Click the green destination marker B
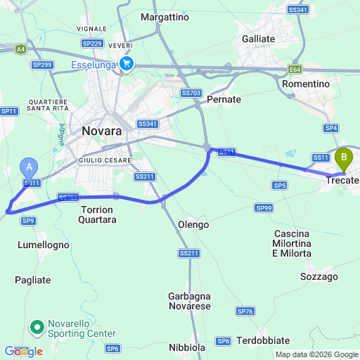344,157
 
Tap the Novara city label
102,131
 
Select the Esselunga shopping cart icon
127,64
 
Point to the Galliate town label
259,39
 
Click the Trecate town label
342,181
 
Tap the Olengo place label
193,224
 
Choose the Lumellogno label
42,245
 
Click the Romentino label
305,84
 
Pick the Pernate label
224,100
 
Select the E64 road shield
295,70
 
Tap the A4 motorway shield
21,49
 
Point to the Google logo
23,351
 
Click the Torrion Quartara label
98,214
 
